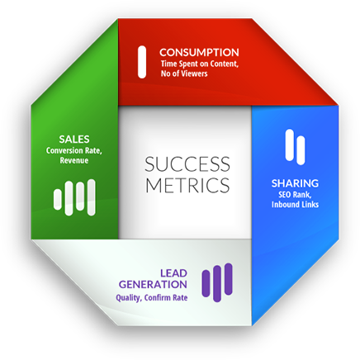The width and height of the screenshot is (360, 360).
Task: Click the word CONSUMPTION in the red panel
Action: click(199, 52)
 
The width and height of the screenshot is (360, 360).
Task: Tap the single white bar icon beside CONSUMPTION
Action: click(142, 62)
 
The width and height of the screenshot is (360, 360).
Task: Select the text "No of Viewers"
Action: click(184, 73)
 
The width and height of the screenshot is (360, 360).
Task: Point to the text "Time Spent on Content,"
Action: click(200, 64)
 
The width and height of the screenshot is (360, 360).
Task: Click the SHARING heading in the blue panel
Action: click(295, 183)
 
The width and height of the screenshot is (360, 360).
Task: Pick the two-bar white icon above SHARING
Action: click(295, 147)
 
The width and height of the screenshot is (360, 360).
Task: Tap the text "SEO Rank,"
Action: click(295, 195)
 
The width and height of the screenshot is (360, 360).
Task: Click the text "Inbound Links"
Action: click(295, 205)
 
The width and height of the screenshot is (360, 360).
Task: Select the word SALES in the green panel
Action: click(74, 140)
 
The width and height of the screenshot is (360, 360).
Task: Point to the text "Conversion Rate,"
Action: click(74, 150)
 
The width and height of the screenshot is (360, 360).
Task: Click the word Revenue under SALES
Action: click(74, 160)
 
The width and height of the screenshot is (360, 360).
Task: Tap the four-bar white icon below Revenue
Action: click(74, 197)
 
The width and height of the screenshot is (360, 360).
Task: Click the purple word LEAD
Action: click(173, 273)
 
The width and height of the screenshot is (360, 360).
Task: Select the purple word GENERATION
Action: click(153, 285)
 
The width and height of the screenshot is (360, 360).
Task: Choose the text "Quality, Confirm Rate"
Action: click(152, 298)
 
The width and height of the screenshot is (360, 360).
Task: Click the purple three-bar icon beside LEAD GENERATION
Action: click(217, 282)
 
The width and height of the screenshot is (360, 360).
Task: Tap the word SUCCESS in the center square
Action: click(187, 164)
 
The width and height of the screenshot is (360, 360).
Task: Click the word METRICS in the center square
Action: click(187, 185)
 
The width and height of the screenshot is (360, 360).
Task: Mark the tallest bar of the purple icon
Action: click(217, 284)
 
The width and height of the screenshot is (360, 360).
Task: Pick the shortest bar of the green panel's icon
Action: click(58, 199)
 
